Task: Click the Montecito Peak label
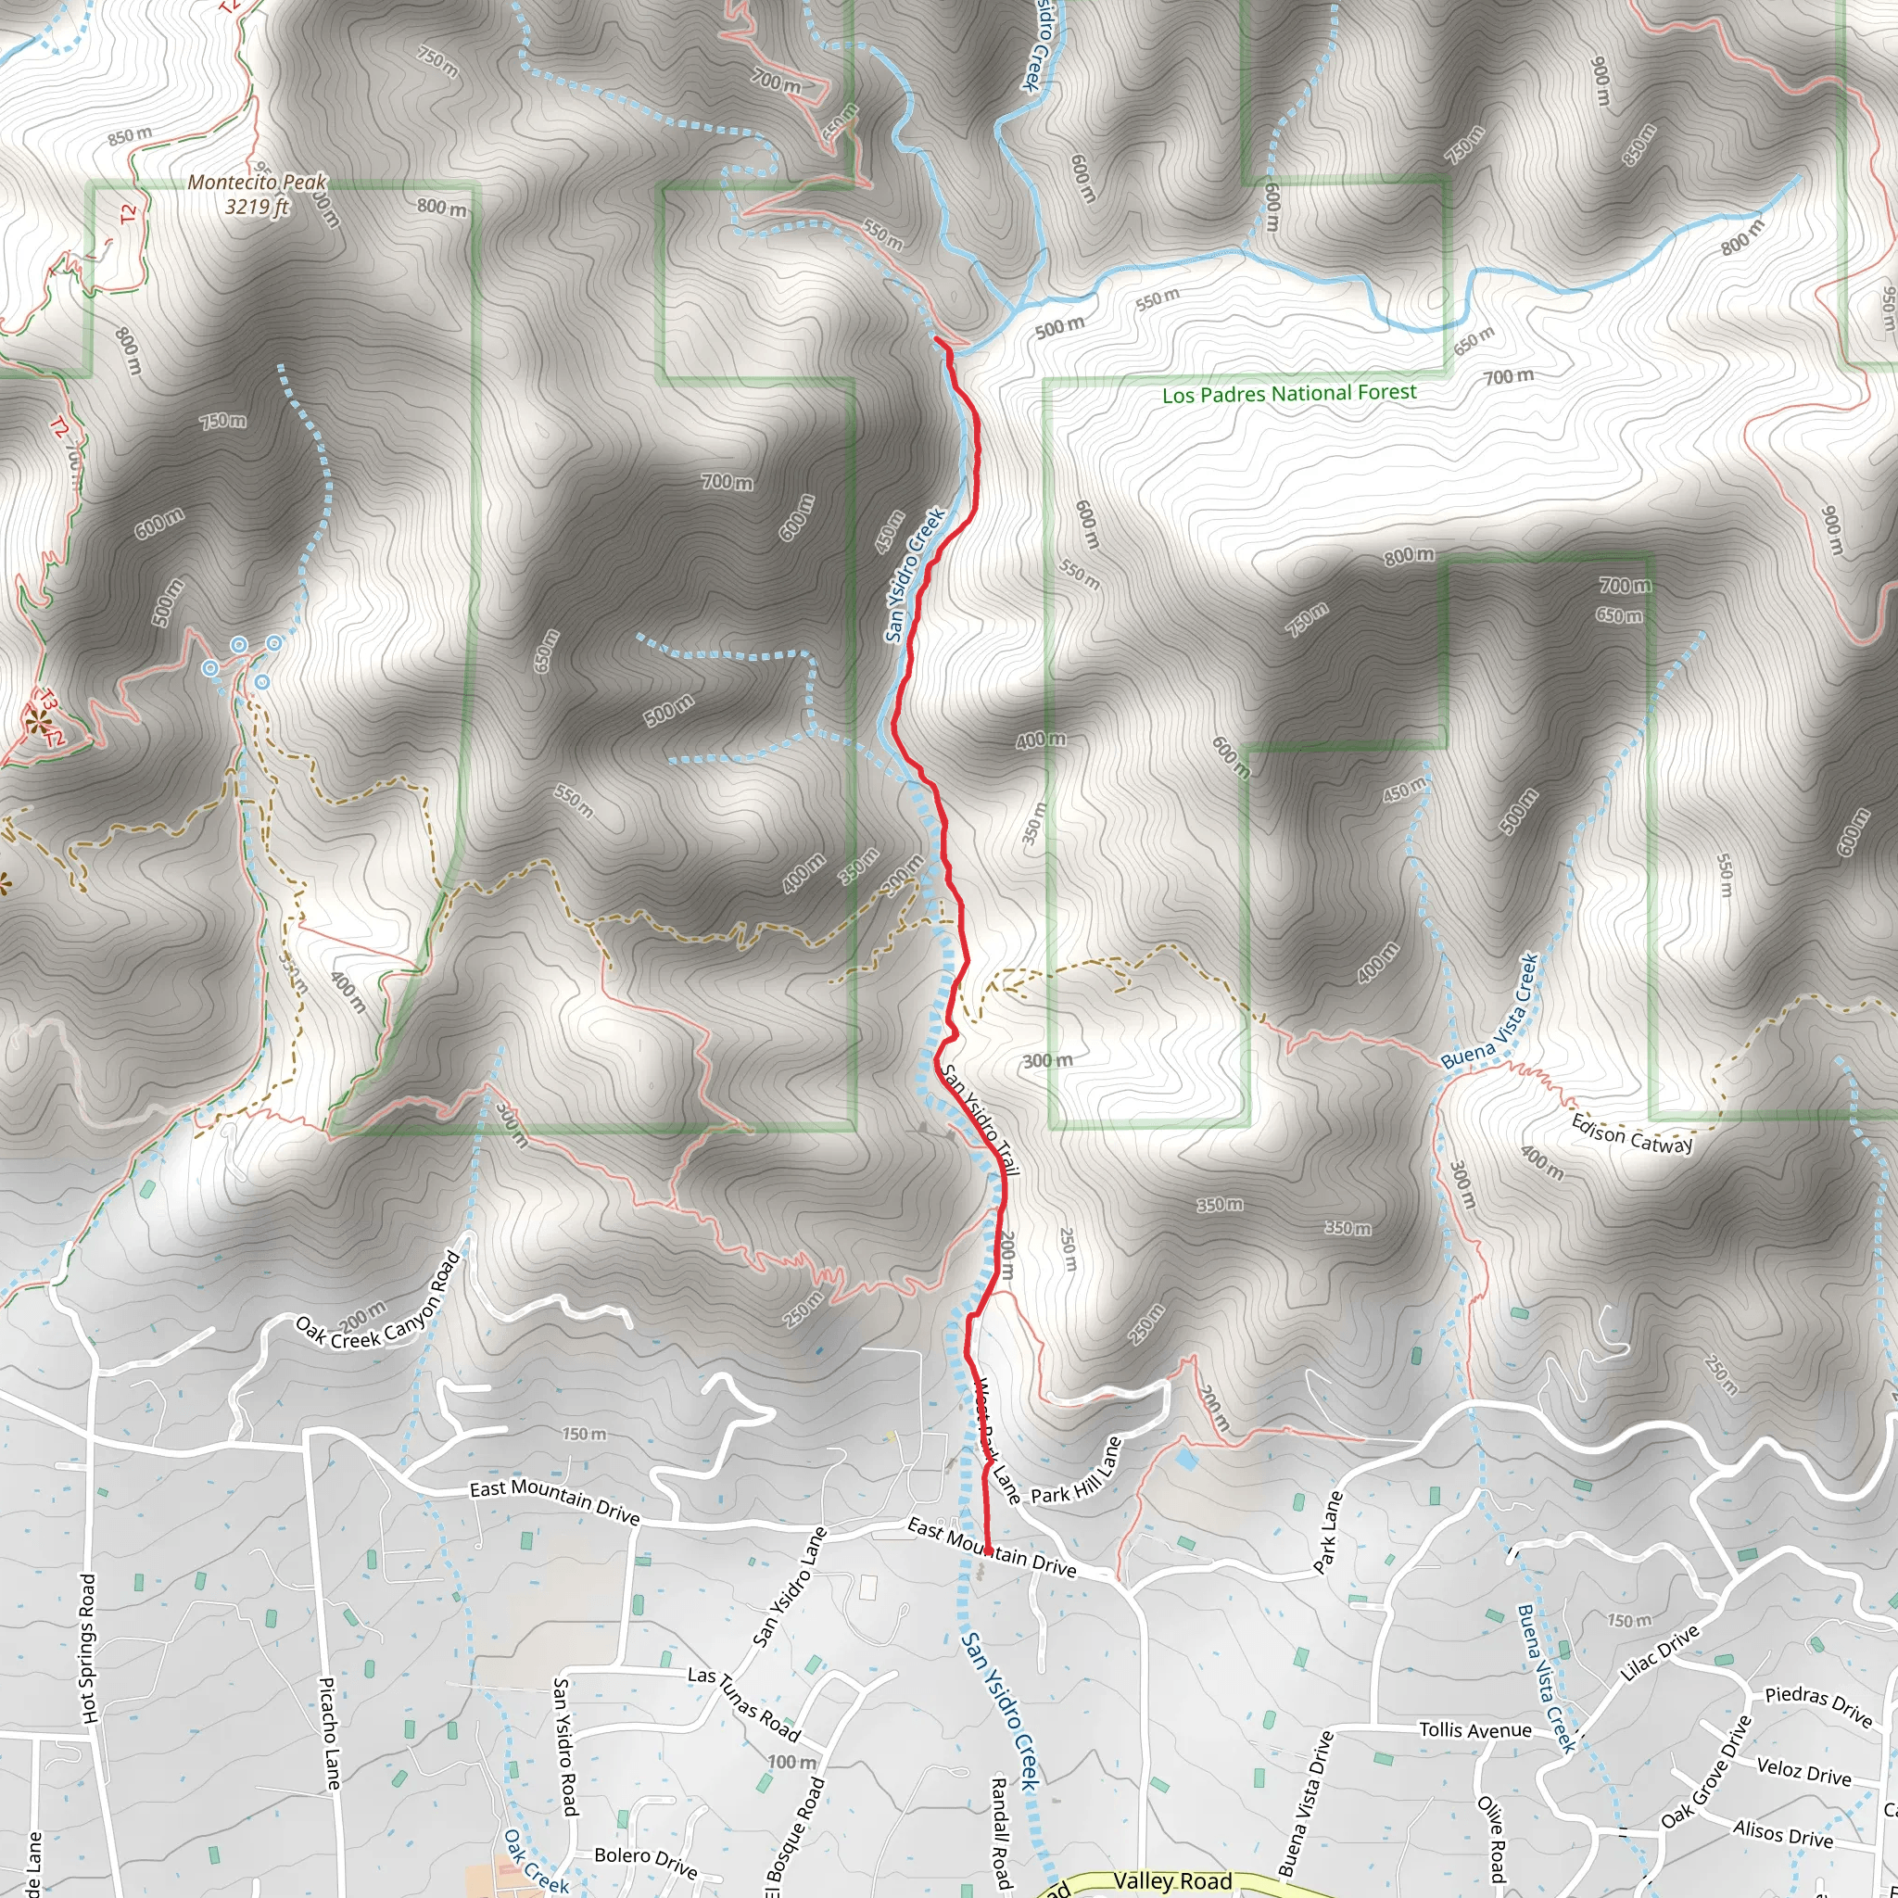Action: click(257, 194)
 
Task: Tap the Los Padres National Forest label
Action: click(1289, 394)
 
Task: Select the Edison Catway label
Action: click(1632, 1133)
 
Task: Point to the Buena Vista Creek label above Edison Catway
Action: click(1490, 1011)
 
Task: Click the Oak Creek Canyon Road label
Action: click(378, 1303)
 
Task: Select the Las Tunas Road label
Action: click(743, 1702)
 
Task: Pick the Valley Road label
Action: click(1172, 1880)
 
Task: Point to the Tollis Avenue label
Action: click(1474, 1730)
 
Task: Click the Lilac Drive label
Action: click(1659, 1654)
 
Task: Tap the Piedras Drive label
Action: click(1818, 1705)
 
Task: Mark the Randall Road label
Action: click(999, 1833)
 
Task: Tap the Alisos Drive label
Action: click(1782, 1833)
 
